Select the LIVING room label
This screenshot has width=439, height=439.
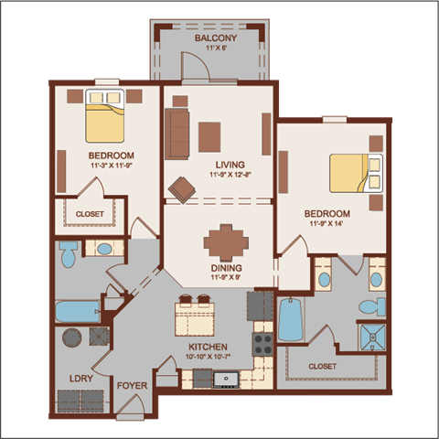click(x=218, y=165)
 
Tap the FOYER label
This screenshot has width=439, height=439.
click(x=133, y=385)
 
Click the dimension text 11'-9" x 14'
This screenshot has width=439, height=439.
click(x=327, y=223)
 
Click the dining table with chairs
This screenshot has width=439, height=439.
click(x=225, y=242)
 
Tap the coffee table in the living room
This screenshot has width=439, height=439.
click(x=211, y=135)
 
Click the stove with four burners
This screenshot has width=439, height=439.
click(x=262, y=344)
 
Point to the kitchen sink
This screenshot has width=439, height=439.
click(x=225, y=377)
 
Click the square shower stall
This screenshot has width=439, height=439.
click(x=371, y=337)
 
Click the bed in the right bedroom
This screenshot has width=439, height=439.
click(x=353, y=172)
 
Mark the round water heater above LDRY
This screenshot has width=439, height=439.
click(x=70, y=337)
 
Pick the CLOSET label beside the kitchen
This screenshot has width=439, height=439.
click(x=322, y=366)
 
